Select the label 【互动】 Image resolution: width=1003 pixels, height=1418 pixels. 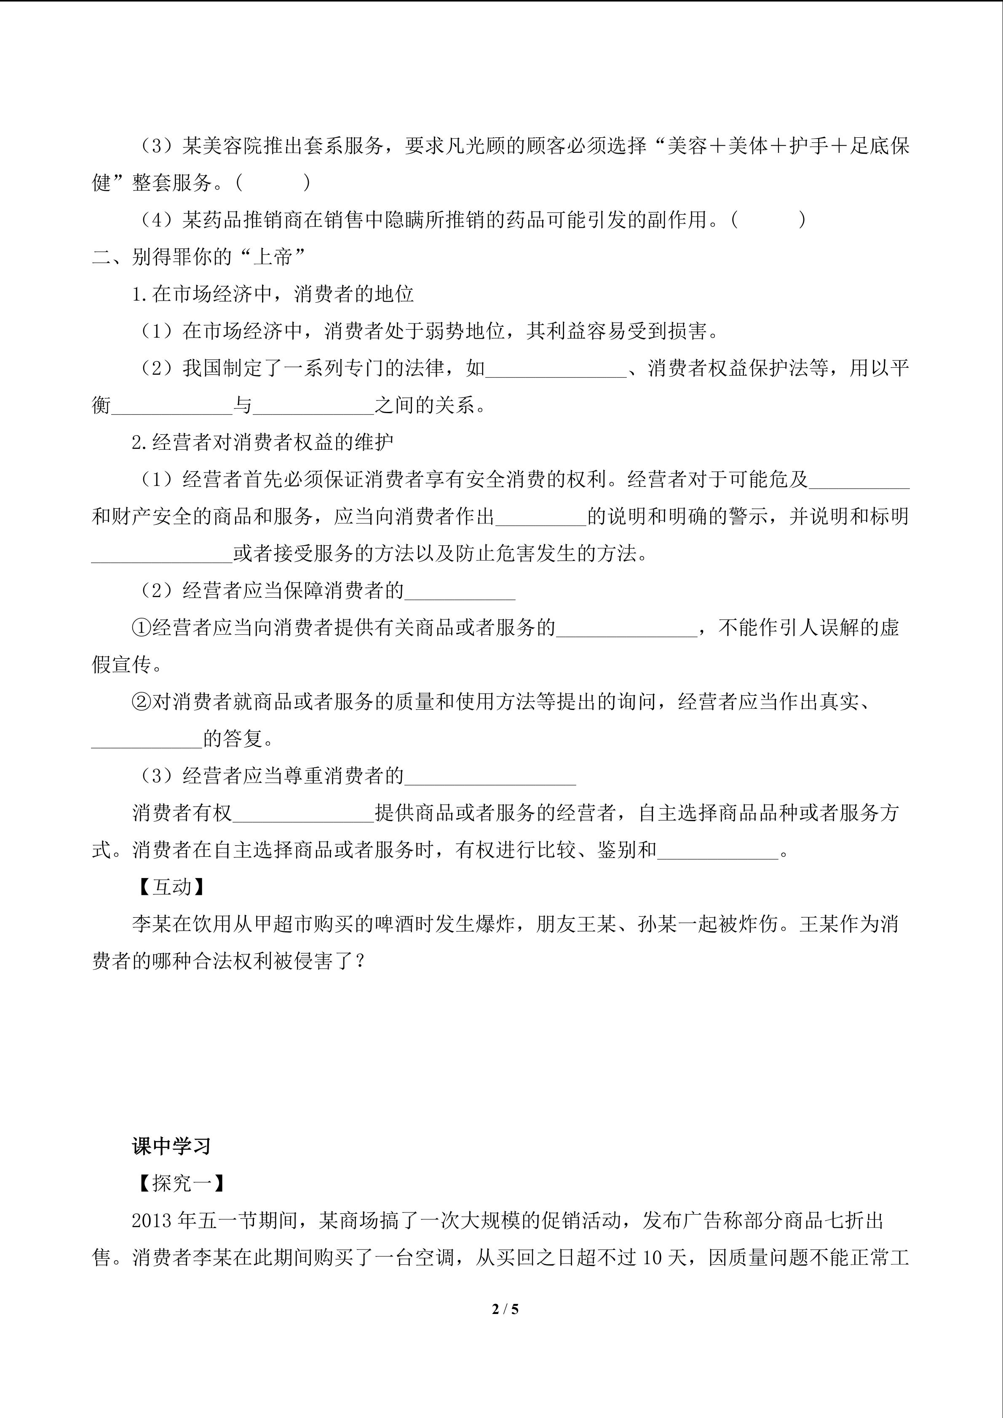pyautogui.click(x=172, y=887)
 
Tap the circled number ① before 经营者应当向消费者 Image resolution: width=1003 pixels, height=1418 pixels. pyautogui.click(x=142, y=628)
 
